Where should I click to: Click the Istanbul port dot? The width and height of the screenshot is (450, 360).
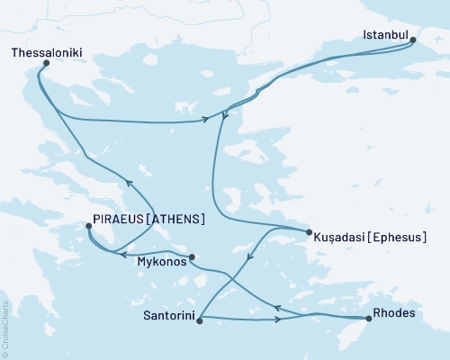pos(413,40)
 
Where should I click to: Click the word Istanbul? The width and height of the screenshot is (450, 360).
pos(385,36)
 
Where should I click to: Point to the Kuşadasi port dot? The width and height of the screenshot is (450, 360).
pos(308,229)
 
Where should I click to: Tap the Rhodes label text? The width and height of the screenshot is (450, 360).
pos(393,318)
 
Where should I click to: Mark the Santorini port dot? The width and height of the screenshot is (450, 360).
pos(198,318)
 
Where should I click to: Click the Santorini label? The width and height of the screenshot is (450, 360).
pos(167,318)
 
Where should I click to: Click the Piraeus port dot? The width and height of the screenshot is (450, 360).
pos(87,227)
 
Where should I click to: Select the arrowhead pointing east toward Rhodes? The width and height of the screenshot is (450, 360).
pos(285,319)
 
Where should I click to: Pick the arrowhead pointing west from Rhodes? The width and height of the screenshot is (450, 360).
pos(277,309)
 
